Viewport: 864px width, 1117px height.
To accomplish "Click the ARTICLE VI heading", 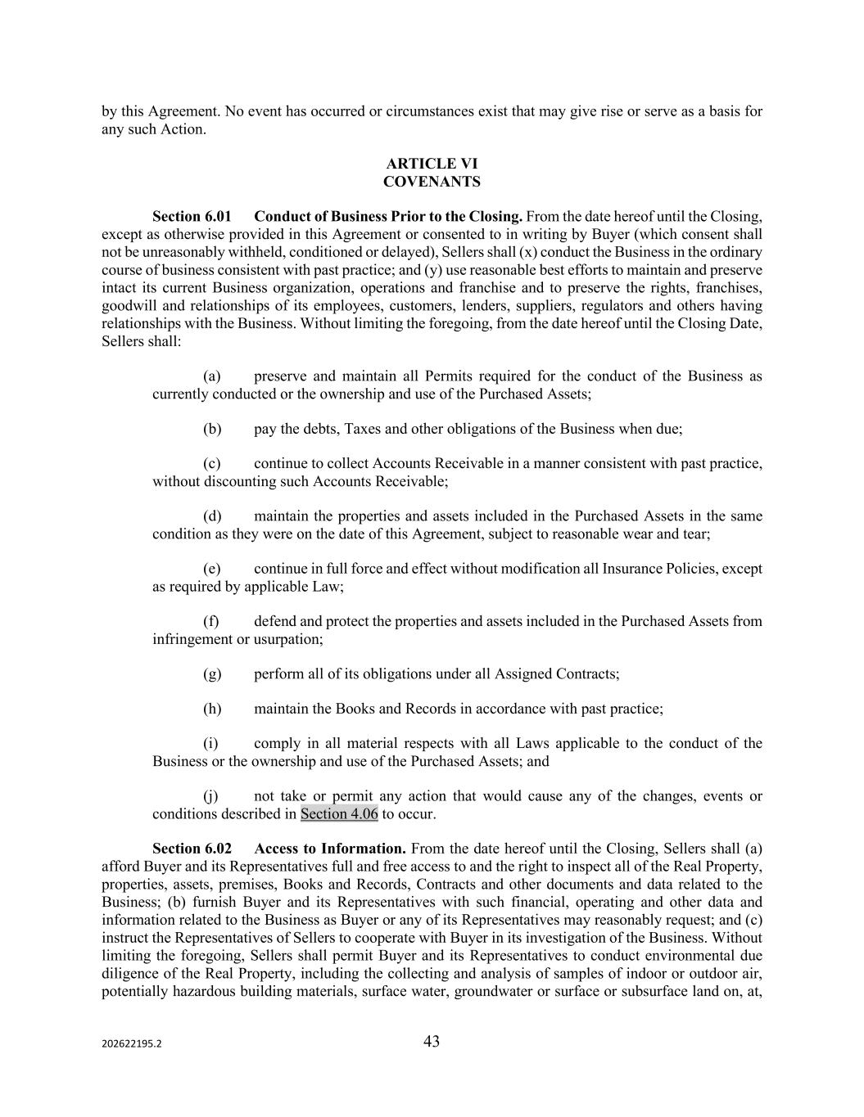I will point(432,164).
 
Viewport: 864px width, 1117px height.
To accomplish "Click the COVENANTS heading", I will point(432,182).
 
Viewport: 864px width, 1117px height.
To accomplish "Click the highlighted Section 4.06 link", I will point(339,814).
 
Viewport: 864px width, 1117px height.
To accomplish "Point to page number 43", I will point(432,1042).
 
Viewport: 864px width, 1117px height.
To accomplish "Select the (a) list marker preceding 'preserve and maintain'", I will point(212,376).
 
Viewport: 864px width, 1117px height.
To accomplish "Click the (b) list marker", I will point(212,429).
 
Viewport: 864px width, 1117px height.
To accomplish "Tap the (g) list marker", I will point(212,674).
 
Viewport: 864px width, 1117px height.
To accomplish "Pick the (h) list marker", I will point(212,709).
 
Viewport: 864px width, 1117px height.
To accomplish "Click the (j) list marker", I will point(210,796).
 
